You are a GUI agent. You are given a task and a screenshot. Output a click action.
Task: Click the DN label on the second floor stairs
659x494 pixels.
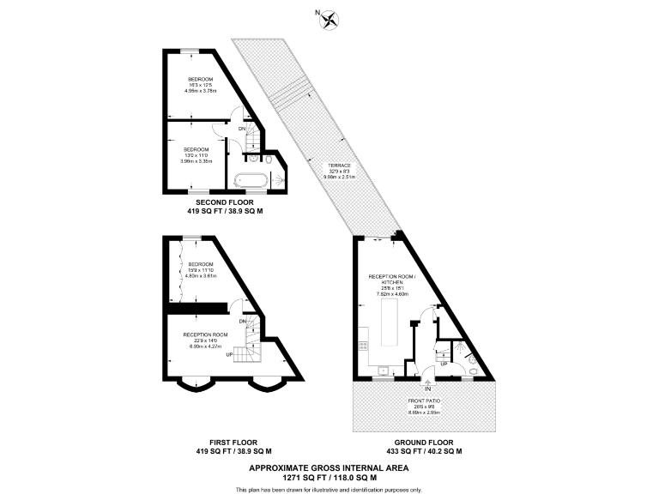[242, 130]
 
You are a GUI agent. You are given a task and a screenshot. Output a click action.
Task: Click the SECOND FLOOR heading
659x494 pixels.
[225, 202]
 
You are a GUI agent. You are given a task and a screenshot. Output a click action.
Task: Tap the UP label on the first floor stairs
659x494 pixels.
[229, 353]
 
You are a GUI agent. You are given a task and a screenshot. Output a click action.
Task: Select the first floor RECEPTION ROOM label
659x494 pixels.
[205, 334]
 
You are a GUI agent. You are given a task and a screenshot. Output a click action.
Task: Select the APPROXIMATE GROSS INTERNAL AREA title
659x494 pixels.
[329, 467]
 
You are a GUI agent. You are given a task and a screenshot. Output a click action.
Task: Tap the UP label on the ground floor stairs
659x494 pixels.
[444, 364]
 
